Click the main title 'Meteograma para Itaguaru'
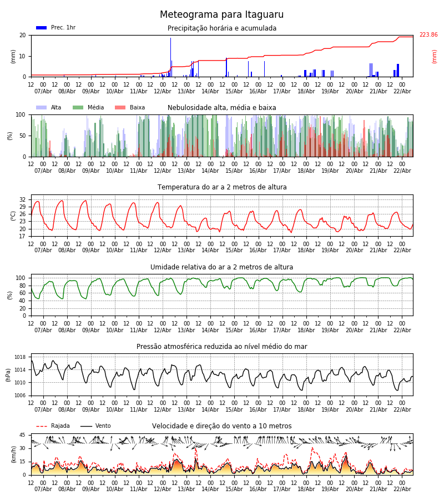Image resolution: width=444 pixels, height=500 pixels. (x=221, y=15)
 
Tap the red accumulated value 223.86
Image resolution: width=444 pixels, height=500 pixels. (x=428, y=35)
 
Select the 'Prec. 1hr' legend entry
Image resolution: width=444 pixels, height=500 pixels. (x=56, y=28)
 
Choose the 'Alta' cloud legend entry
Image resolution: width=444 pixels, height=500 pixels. (x=49, y=108)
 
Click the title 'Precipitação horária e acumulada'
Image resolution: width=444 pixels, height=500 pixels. (x=221, y=28)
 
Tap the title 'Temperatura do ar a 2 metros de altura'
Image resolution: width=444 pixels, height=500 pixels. (x=221, y=187)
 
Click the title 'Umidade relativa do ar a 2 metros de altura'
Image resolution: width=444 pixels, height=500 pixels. (x=221, y=267)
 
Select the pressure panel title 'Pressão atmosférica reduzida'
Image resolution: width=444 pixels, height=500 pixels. (x=221, y=347)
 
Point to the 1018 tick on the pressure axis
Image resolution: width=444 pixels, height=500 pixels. (x=21, y=357)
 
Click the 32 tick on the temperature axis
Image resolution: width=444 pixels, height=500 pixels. (x=23, y=199)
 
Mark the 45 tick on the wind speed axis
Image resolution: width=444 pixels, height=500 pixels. (x=23, y=435)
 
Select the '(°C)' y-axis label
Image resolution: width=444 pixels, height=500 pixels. (x=13, y=215)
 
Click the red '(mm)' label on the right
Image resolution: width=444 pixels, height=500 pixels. (x=435, y=56)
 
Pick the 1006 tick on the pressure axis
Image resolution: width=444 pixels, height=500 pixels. (x=21, y=396)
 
